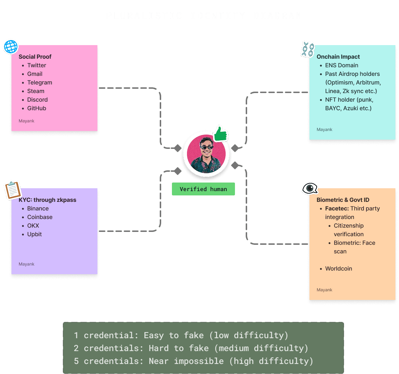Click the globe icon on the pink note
pos(10,47)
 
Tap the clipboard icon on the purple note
pos(13,190)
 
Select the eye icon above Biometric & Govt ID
pos(310,188)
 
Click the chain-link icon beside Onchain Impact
pos(307,49)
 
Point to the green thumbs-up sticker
pos(221,134)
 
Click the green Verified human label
pos(203,189)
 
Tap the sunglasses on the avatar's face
pos(206,147)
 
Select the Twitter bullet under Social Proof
pos(37,65)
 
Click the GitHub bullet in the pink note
pos(37,108)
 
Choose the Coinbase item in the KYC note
pos(40,217)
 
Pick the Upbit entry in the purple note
pos(34,234)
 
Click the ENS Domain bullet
pos(341,65)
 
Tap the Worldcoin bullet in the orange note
pos(338,268)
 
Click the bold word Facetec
pos(337,208)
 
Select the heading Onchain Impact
pos(338,57)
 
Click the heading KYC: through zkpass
pos(47,200)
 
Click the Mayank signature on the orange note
pos(325,290)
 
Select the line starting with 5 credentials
pos(193,361)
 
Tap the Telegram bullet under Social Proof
pos(40,82)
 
